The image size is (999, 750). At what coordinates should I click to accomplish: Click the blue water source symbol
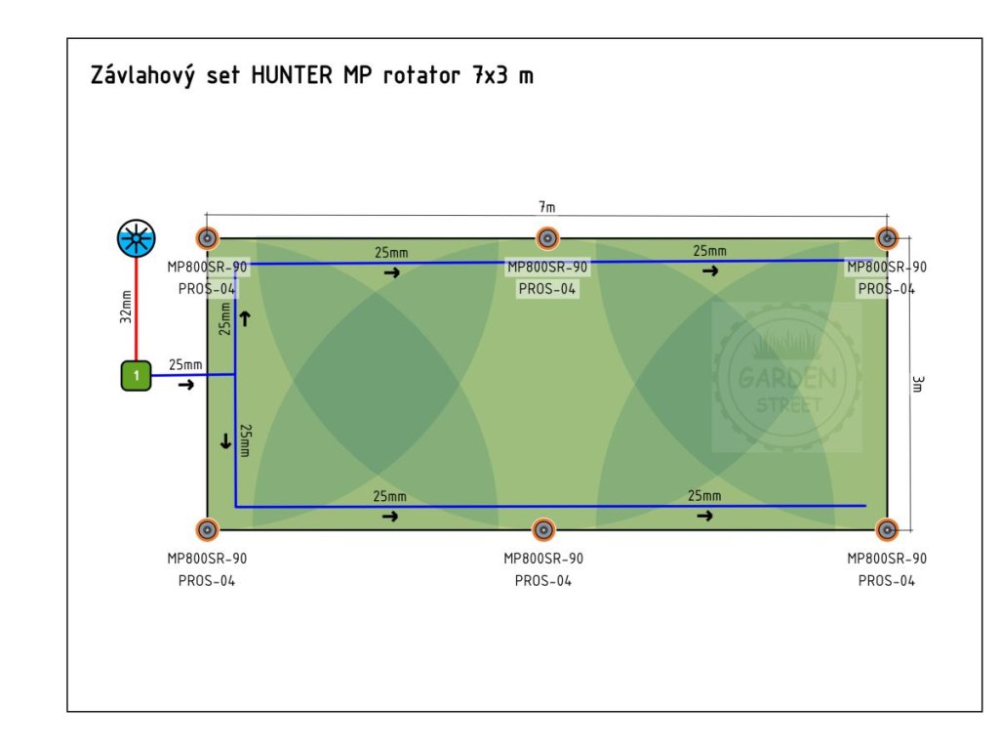(x=136, y=237)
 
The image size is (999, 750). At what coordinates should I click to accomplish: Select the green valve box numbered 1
(x=137, y=375)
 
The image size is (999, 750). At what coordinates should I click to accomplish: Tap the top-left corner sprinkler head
(x=207, y=238)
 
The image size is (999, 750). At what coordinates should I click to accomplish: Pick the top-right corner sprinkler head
(x=886, y=238)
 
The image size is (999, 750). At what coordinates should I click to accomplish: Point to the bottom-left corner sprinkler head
(x=207, y=529)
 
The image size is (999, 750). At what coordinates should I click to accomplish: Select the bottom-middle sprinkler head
(x=543, y=529)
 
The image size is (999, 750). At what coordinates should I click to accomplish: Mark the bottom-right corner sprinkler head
(x=886, y=529)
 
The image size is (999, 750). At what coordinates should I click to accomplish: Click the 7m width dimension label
(x=546, y=207)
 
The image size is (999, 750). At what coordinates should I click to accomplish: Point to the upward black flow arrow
(x=246, y=318)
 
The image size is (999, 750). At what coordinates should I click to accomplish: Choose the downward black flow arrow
(x=226, y=442)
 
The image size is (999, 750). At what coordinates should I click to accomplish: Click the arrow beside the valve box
(x=185, y=385)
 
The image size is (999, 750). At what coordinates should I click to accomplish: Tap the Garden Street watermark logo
(x=786, y=377)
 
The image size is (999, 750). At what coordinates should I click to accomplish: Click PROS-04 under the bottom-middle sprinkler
(x=543, y=580)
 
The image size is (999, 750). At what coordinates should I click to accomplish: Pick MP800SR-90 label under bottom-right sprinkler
(x=887, y=559)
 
